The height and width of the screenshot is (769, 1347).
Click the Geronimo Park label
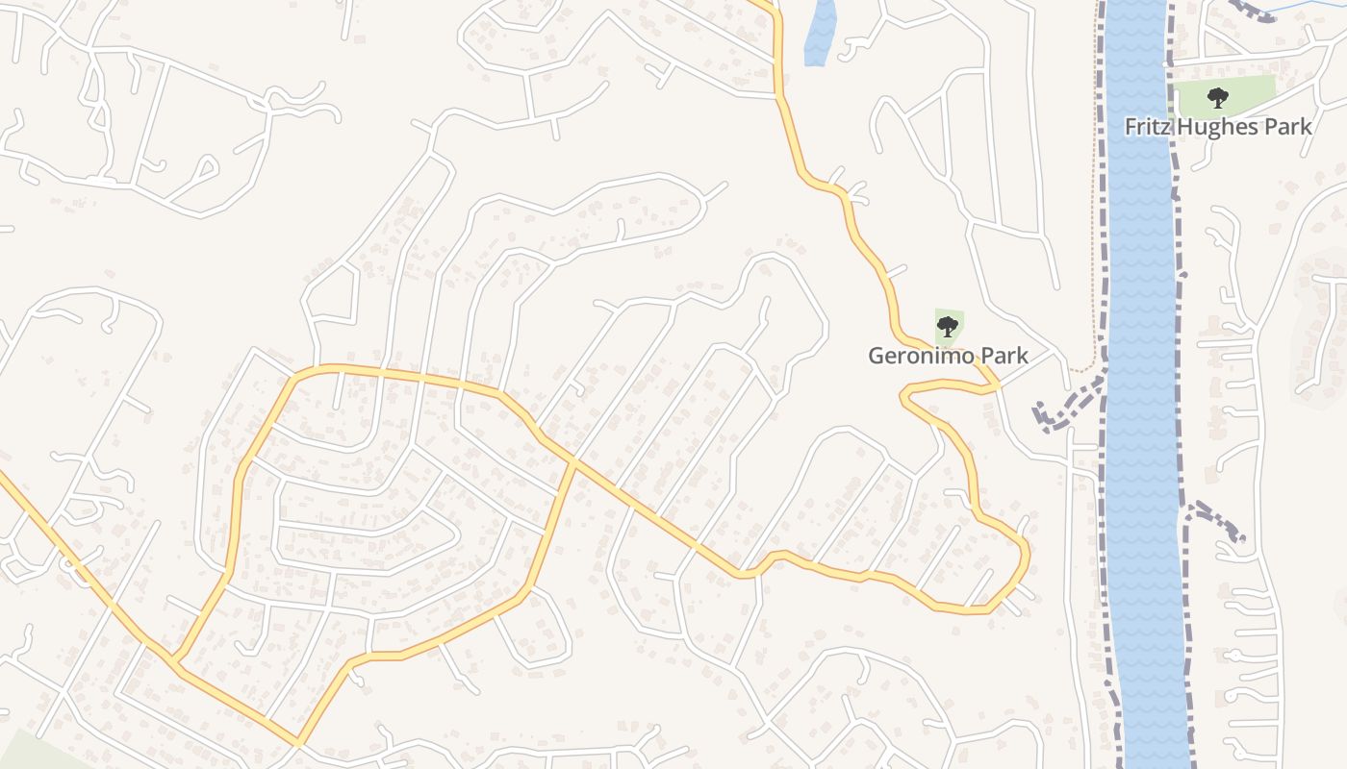948,356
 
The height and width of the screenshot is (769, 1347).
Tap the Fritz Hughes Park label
1218,126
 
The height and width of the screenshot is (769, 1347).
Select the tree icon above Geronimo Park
948,326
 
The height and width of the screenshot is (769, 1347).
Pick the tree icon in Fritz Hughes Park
1218,97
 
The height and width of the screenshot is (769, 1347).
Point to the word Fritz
1146,126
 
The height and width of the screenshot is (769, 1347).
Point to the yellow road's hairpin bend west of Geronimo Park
905,395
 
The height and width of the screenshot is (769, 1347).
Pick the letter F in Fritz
1131,126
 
